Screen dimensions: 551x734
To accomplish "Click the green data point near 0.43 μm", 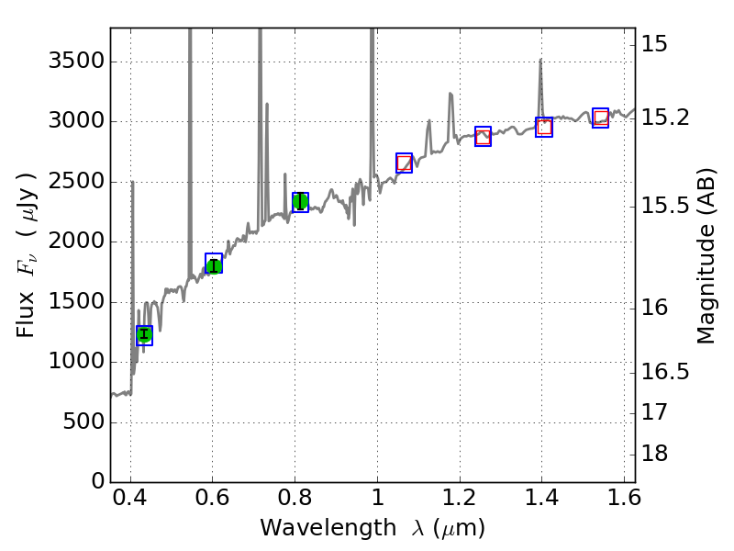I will (x=144, y=334).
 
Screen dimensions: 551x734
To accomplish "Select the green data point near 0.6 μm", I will (x=214, y=265).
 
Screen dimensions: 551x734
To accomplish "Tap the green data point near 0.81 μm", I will (x=300, y=202).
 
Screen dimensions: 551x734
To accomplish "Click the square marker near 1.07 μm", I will (x=404, y=163).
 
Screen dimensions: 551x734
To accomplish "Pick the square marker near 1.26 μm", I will (x=483, y=137).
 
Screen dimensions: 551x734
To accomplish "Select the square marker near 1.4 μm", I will (x=544, y=127).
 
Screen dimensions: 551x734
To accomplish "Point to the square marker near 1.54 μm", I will (x=600, y=118).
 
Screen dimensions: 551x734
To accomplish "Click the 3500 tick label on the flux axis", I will (x=76, y=62).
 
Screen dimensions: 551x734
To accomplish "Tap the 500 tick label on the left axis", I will (x=82, y=422).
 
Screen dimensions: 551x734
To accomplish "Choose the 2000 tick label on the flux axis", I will (x=76, y=242).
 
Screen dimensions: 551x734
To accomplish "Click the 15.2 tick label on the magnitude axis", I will (x=666, y=118).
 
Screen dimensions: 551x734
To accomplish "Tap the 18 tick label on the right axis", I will (x=656, y=455).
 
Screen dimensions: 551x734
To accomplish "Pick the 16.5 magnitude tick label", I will (x=666, y=372).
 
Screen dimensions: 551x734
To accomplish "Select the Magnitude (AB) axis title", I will (x=706, y=255).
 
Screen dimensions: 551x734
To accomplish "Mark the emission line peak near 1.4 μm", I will (x=540, y=61).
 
